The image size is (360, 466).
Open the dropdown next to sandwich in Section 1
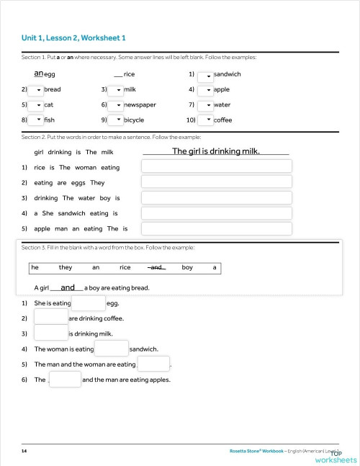tap(205, 75)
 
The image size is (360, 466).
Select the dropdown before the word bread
tap(35, 90)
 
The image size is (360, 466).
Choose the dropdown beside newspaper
tap(115, 105)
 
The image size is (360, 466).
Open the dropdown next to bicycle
tap(115, 120)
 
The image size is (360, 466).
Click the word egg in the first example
tap(50, 74)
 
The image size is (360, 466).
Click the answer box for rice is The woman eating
tap(217, 167)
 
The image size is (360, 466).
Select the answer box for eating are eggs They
tap(217, 183)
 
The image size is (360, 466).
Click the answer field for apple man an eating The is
tap(217, 229)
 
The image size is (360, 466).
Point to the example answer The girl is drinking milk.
tap(215, 151)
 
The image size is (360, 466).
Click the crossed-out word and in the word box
tap(156, 268)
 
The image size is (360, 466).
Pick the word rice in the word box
tap(125, 268)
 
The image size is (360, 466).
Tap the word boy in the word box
tap(187, 268)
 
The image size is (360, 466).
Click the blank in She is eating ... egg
tap(89, 303)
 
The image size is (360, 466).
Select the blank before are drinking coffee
tap(50, 318)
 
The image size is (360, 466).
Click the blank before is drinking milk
tap(50, 333)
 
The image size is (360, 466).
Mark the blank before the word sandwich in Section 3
tap(111, 349)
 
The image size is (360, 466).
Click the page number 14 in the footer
tap(24, 450)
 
